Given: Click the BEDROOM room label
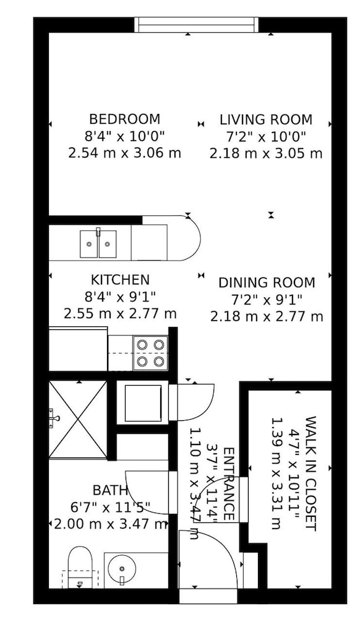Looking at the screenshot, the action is coord(124,119).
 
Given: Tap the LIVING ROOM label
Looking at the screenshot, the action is coord(266,119).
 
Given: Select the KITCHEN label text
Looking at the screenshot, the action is coord(120,280).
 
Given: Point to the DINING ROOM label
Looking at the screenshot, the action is coord(267,283).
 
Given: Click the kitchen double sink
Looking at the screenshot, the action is coord(98,244).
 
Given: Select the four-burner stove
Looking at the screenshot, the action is coord(151,353).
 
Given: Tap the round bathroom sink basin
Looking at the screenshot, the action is coord(122,569).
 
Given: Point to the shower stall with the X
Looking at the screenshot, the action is coord(78,419).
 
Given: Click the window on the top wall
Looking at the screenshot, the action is coord(196,25).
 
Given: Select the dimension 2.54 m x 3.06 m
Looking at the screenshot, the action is coord(124,153).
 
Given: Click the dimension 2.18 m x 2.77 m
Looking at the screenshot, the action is coord(267,316).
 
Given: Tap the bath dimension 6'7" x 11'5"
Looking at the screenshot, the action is coord(110,508).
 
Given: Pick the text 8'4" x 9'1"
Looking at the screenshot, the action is coord(120,297).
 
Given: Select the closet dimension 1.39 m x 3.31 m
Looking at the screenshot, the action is coord(276,474).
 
